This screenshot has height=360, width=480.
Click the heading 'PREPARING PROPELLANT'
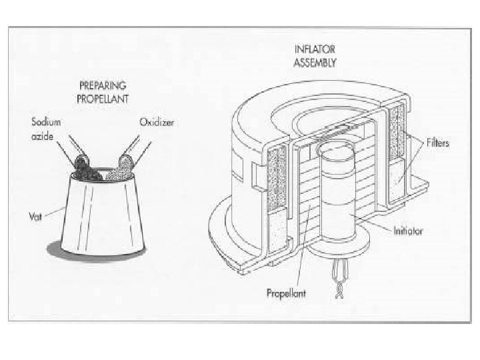[103, 92]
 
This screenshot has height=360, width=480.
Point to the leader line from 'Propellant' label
[297, 263]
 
